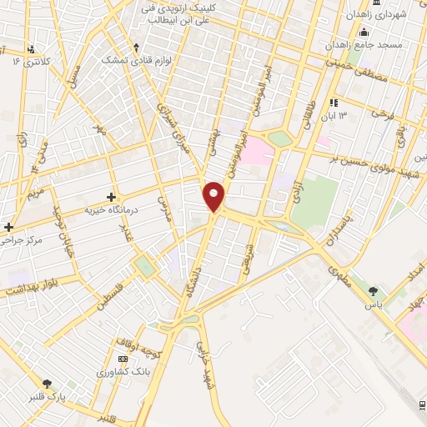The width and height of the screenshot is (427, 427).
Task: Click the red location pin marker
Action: (x=215, y=196)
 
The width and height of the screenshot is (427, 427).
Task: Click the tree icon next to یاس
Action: (x=372, y=291)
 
